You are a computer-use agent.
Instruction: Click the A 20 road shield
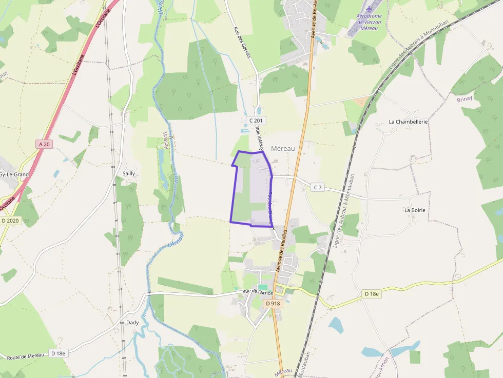click(45, 144)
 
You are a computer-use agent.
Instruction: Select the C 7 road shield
click(318, 187)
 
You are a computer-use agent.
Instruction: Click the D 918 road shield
click(274, 304)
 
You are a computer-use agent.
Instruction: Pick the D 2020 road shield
click(10, 221)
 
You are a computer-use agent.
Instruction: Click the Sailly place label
click(129, 173)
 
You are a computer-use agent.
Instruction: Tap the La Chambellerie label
click(408, 122)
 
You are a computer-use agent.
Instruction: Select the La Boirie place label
click(415, 210)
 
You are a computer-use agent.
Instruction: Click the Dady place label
click(132, 323)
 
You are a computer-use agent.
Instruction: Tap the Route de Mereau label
click(24, 356)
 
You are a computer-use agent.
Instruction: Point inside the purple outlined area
click(252, 190)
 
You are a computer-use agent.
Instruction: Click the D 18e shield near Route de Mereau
click(59, 353)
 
